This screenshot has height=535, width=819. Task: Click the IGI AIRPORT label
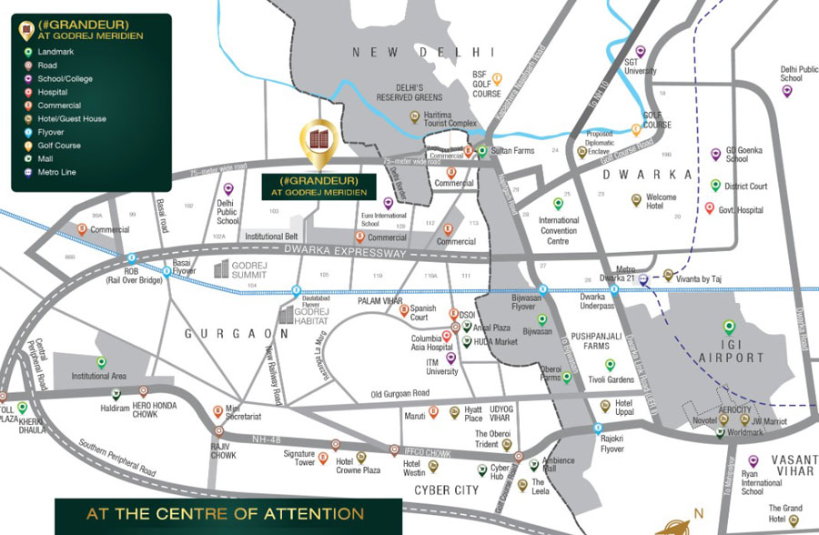click(x=730, y=351)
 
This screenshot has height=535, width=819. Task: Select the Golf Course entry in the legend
click(x=58, y=145)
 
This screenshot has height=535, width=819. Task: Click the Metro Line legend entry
click(x=56, y=171)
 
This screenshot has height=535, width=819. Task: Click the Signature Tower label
click(x=298, y=458)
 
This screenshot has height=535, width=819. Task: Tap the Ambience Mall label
click(x=558, y=465)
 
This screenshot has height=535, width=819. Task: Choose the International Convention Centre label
click(x=558, y=231)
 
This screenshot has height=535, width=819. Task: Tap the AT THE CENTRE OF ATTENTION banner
click(x=225, y=514)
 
